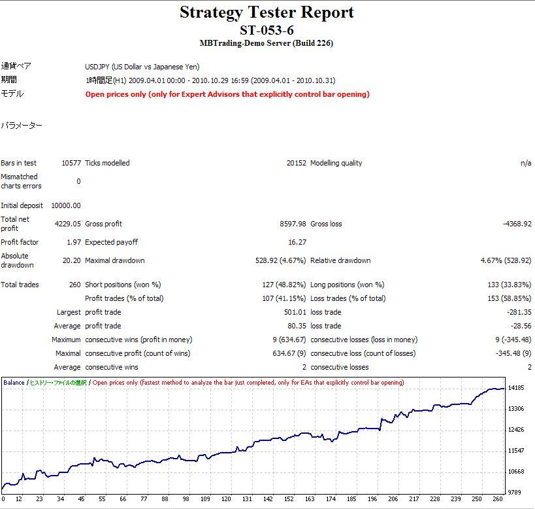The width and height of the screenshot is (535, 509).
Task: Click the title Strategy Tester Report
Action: coord(267,12)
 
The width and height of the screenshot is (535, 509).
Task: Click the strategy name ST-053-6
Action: coord(267,30)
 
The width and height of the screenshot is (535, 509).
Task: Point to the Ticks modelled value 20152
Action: coord(296,163)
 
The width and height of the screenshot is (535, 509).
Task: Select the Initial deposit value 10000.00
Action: coord(67,205)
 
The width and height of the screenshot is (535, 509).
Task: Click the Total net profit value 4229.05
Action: coord(69,224)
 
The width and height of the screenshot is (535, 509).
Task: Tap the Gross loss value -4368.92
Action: coord(517,224)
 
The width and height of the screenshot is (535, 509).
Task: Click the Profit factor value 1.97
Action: coord(74,242)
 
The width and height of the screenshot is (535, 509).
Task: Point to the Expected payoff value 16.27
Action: coord(297,242)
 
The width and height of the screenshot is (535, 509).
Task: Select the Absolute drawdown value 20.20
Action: coord(72,260)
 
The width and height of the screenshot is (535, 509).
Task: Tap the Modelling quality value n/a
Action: coord(526,163)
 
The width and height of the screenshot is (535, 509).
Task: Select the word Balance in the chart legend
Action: coord(14,382)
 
